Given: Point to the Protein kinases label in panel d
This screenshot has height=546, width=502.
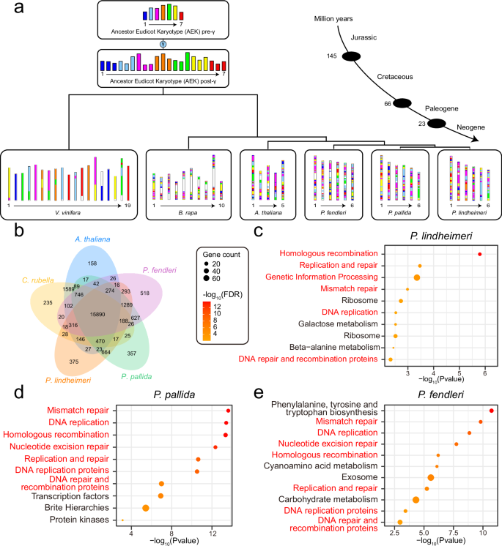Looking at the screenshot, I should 81,520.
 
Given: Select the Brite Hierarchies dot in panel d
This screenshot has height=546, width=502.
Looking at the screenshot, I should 146,508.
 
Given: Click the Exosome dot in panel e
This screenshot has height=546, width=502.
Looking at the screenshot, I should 431,477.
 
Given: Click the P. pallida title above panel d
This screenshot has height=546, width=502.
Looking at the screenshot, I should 172,398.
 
